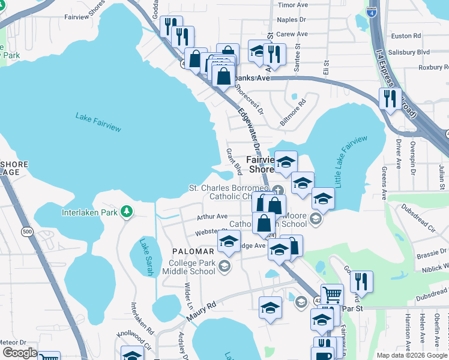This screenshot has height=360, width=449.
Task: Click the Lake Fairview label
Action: (x=98, y=122)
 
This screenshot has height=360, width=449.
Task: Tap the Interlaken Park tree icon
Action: (x=126, y=211)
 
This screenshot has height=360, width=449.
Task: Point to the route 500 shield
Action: (x=26, y=231)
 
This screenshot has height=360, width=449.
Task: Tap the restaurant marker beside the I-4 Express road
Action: (x=390, y=99)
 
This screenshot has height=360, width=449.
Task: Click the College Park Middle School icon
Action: (x=224, y=266)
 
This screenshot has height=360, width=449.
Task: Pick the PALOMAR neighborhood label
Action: (x=192, y=251)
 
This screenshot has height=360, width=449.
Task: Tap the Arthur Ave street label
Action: (x=213, y=217)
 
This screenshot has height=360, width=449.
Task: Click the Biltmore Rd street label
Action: (x=293, y=112)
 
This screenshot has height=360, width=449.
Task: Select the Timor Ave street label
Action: (x=293, y=5)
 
